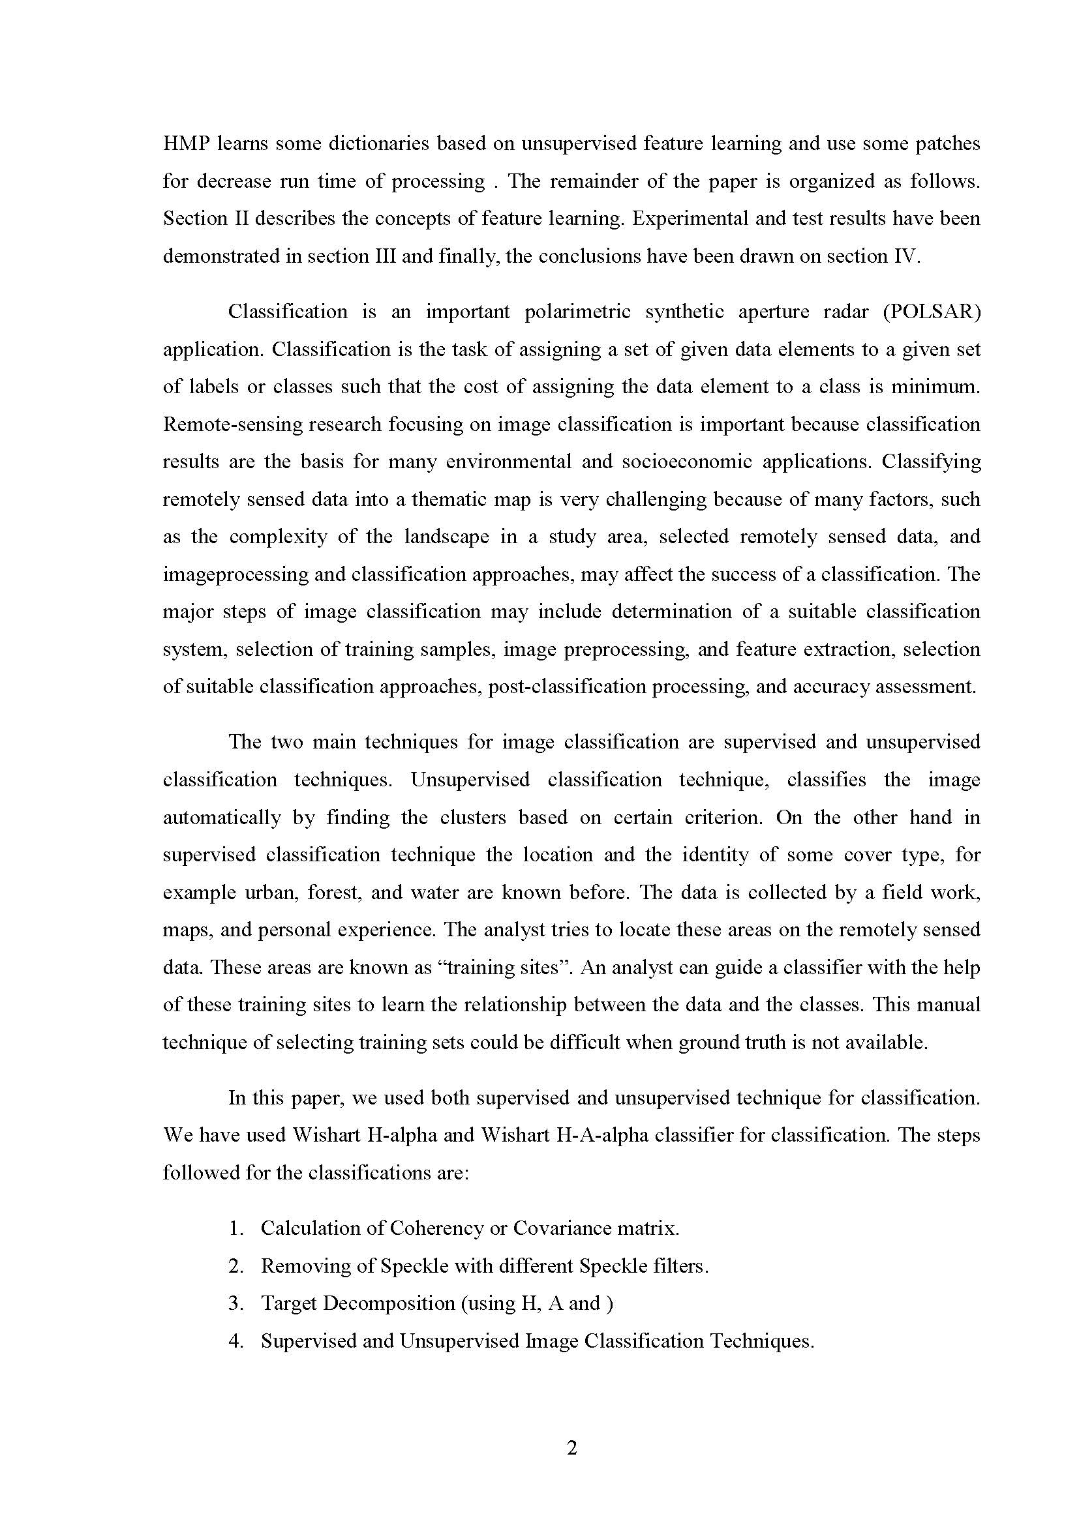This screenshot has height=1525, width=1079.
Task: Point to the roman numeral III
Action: click(x=382, y=256)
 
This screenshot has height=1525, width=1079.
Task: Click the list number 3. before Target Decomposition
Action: click(x=237, y=1303)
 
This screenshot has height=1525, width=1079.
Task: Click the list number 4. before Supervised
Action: click(x=237, y=1341)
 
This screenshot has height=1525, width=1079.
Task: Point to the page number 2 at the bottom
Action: click(x=572, y=1448)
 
